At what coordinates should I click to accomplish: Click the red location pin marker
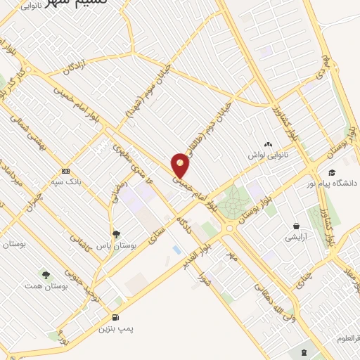pyautogui.click(x=181, y=165)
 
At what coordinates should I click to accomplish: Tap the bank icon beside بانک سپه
pyautogui.click(x=66, y=172)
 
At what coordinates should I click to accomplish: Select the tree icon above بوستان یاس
pyautogui.click(x=115, y=234)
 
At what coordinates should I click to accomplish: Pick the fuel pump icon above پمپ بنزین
pyautogui.click(x=115, y=317)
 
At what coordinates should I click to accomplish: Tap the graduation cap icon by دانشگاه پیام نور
pyautogui.click(x=332, y=172)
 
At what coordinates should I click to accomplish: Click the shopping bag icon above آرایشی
pyautogui.click(x=298, y=226)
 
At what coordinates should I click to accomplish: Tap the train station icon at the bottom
pyautogui.click(x=304, y=352)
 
